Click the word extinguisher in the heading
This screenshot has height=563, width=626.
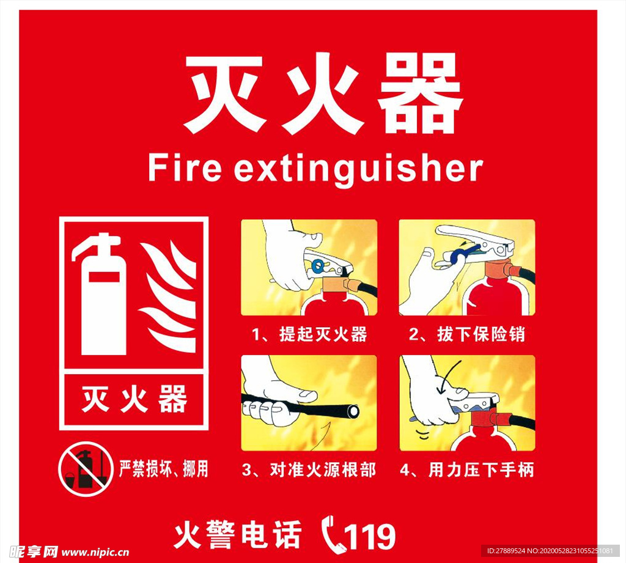coord(358,169)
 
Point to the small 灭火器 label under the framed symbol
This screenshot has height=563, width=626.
coord(134,400)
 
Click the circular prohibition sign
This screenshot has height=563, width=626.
coord(86,469)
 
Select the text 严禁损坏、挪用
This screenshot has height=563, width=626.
coord(163,469)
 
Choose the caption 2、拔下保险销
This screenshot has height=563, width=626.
coord(467,334)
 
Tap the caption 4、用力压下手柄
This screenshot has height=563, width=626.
coord(467,469)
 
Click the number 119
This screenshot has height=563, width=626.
coord(369,537)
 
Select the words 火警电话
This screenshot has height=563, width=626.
coord(238,535)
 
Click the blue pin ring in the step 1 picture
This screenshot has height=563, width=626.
coord(317,265)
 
